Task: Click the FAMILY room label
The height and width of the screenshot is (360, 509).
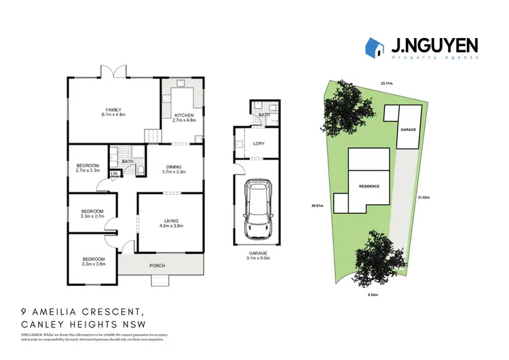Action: click(x=112, y=109)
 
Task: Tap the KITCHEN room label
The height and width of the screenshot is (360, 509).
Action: click(x=184, y=115)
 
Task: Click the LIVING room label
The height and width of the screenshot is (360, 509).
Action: click(x=174, y=219)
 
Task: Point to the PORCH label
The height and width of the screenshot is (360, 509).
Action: click(x=157, y=264)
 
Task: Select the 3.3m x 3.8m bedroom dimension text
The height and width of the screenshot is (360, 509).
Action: click(x=94, y=264)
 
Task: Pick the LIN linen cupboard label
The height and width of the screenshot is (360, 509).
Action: click(x=115, y=174)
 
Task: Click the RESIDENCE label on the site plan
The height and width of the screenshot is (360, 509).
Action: click(x=369, y=185)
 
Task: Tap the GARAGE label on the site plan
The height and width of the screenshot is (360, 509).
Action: click(x=407, y=129)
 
